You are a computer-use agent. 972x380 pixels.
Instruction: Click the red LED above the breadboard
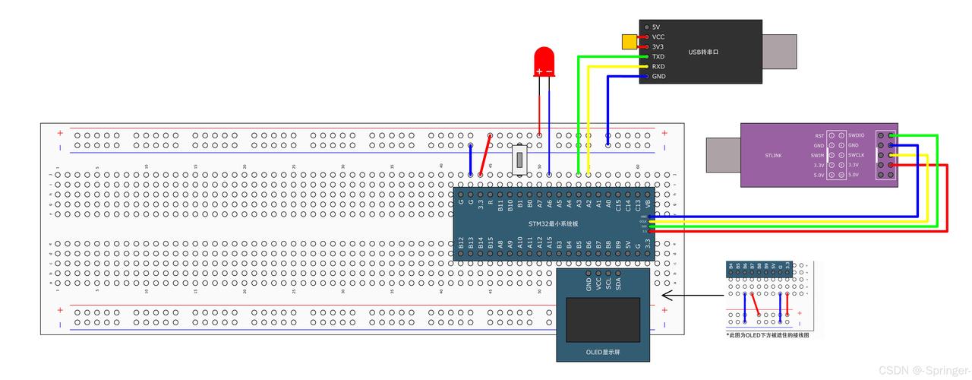pos(544,62)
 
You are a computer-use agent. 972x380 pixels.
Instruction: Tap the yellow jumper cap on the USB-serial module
pos(630,42)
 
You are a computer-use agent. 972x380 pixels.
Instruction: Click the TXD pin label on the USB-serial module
pos(658,57)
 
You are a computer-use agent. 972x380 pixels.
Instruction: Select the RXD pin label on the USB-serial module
pos(658,67)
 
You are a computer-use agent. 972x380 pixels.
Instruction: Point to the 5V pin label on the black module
pos(656,27)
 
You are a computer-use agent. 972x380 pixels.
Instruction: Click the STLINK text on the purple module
pos(773,155)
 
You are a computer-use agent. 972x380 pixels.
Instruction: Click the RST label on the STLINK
pos(819,135)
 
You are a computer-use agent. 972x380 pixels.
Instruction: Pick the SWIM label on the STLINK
pos(817,155)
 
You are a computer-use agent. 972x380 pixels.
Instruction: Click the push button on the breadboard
pos(520,160)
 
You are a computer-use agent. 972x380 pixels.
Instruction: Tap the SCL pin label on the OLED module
pos(609,284)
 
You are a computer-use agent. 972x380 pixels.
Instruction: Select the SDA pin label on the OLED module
pos(619,284)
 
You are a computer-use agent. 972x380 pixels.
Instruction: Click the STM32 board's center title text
pos(554,223)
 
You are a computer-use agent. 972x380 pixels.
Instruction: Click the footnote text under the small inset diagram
pos(767,335)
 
